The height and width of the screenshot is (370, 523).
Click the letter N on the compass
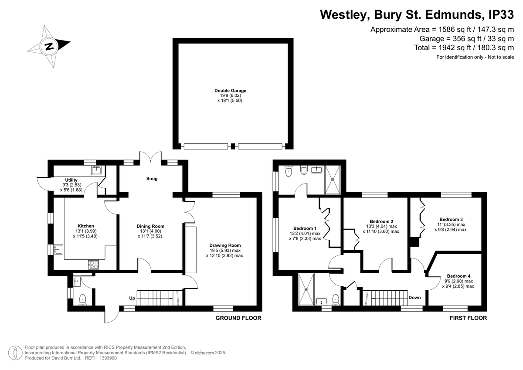tap(49, 47)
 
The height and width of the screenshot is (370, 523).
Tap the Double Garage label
tap(230, 91)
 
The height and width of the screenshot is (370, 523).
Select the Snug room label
tap(152, 179)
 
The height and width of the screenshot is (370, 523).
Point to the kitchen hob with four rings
tap(94, 265)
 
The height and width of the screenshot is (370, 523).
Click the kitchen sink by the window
tap(58, 249)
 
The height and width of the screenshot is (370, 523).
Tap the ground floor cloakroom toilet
tap(83, 300)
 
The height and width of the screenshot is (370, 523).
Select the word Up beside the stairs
tap(132, 298)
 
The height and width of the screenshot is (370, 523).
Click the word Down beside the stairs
tap(414, 297)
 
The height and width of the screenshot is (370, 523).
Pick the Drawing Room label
tap(225, 245)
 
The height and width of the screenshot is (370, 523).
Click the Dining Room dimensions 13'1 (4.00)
tap(151, 231)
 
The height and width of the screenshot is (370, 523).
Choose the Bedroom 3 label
tap(451, 220)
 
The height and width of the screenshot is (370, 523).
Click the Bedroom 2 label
tap(381, 221)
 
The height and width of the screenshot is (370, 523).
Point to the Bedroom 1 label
tap(305, 228)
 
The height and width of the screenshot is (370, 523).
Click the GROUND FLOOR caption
tap(238, 318)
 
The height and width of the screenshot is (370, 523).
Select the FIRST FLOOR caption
tap(468, 318)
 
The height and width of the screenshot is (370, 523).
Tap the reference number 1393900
tap(108, 358)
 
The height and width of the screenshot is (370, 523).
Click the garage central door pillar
tap(233, 146)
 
